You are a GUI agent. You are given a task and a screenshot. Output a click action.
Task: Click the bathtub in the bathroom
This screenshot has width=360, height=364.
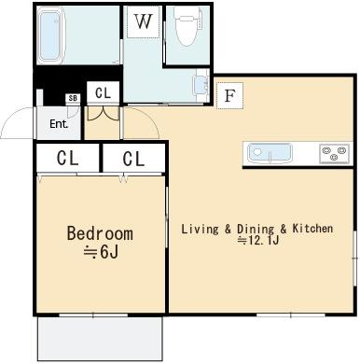[x=50, y=35]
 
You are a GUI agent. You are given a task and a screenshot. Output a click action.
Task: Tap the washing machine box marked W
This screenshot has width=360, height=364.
[x=143, y=21]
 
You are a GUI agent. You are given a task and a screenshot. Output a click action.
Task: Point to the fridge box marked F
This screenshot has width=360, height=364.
[x=229, y=95]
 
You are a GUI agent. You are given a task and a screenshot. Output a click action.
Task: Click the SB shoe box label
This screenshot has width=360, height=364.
[x=73, y=98]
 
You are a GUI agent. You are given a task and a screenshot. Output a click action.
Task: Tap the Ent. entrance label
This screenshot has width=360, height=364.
[x=59, y=124]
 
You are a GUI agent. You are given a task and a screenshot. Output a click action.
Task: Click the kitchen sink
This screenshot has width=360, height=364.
[x=270, y=153]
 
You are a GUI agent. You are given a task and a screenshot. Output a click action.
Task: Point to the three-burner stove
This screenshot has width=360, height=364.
[x=334, y=153]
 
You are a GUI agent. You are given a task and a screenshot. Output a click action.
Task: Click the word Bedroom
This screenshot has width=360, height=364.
[x=100, y=233]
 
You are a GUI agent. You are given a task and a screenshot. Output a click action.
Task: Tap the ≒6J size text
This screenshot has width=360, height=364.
[x=101, y=253]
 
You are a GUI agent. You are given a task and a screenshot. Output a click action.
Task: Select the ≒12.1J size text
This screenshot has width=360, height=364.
[x=257, y=240]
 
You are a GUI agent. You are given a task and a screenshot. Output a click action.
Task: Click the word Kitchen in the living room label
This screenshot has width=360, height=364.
[x=312, y=229]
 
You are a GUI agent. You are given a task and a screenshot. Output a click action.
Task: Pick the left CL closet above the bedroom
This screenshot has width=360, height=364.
[x=68, y=158]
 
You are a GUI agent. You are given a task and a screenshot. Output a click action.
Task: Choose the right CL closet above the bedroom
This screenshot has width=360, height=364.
[x=133, y=158]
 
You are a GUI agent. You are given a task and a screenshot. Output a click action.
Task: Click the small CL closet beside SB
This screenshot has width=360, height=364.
[x=103, y=92]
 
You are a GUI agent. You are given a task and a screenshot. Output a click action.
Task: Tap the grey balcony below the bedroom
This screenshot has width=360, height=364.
[x=100, y=339]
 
